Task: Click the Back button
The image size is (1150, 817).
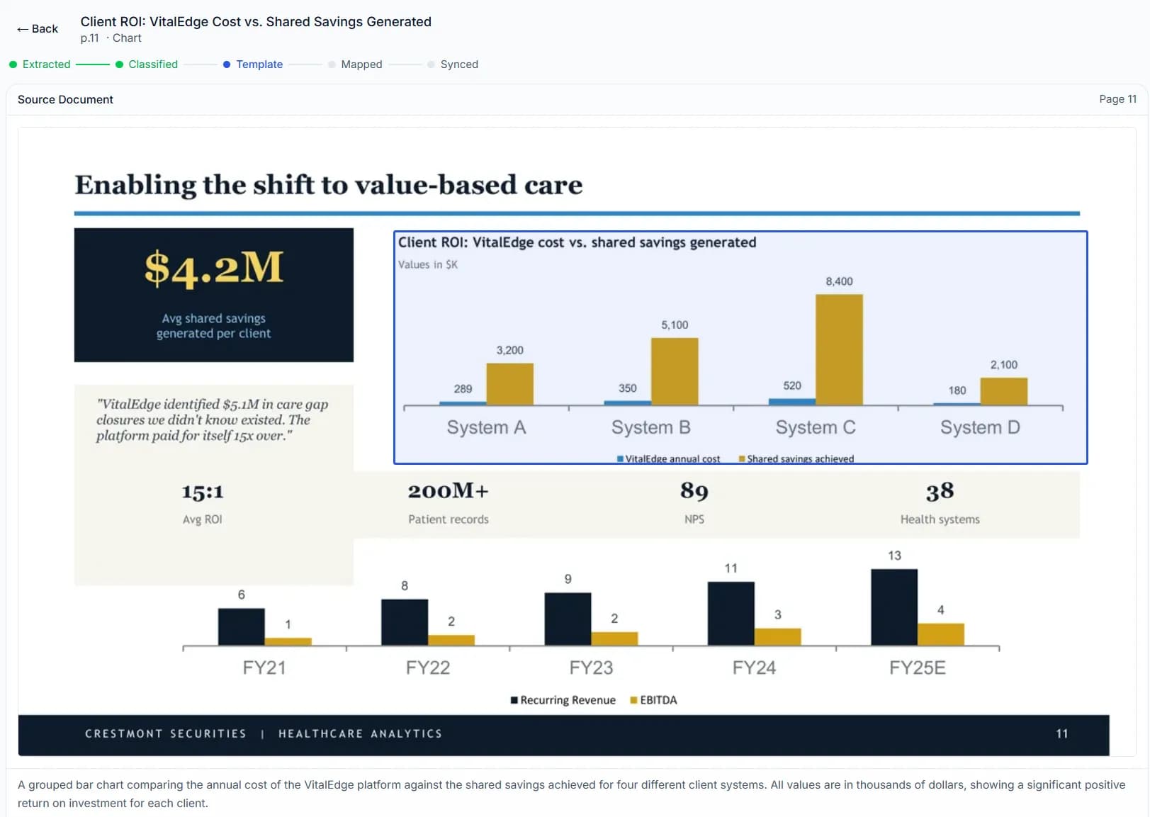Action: (x=38, y=29)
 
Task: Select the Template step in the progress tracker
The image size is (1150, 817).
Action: (x=259, y=64)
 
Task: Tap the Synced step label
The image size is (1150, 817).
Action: (x=458, y=64)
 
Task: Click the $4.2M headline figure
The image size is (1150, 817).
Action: (x=213, y=269)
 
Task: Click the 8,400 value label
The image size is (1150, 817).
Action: (x=839, y=281)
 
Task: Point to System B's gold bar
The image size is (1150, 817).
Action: (x=674, y=371)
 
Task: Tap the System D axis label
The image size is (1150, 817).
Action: (x=979, y=427)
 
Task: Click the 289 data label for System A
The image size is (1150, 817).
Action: (x=463, y=389)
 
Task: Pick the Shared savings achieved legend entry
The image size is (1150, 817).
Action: (x=799, y=458)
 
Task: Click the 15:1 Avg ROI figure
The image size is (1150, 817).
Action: (x=203, y=492)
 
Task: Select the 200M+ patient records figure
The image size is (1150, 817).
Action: (x=448, y=491)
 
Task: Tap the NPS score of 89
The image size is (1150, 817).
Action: (x=694, y=491)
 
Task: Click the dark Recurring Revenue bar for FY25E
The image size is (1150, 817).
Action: (x=893, y=607)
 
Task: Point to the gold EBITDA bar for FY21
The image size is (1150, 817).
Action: (x=288, y=641)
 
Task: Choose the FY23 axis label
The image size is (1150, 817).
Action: (x=591, y=667)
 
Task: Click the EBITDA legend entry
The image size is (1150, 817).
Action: (x=657, y=700)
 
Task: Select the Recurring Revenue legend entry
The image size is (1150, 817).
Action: (x=566, y=700)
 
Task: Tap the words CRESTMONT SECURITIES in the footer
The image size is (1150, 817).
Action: (x=166, y=734)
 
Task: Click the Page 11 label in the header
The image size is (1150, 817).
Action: (x=1117, y=99)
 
